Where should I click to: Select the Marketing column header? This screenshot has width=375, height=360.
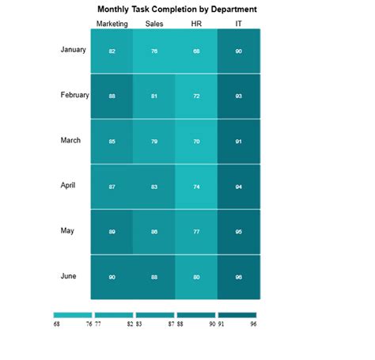point(112,24)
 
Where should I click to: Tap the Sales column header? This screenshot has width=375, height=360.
point(154,24)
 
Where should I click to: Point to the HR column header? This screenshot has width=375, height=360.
point(196,24)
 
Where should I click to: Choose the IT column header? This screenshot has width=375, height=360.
point(239,24)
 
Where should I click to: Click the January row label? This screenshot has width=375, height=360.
point(73,50)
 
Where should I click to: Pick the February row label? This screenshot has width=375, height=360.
point(74,95)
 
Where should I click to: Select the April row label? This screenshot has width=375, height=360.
point(68,185)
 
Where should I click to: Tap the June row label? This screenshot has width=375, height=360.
point(68,276)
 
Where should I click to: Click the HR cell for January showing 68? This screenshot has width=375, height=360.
point(196,51)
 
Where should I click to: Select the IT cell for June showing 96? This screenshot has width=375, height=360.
point(239,277)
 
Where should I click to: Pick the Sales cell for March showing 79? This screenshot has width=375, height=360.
point(154,142)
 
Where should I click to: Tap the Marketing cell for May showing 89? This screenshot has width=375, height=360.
point(112,232)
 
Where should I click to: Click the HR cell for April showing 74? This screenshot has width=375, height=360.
point(196,187)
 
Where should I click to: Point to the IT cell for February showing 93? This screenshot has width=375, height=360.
point(239,96)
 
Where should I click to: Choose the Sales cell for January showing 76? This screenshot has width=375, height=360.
point(154,51)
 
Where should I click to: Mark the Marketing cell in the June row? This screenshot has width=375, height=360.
point(112,277)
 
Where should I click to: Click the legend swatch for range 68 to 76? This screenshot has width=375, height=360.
point(73,315)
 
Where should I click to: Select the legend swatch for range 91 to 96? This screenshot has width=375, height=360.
point(237,315)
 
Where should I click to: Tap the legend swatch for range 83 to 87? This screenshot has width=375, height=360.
point(155,315)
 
